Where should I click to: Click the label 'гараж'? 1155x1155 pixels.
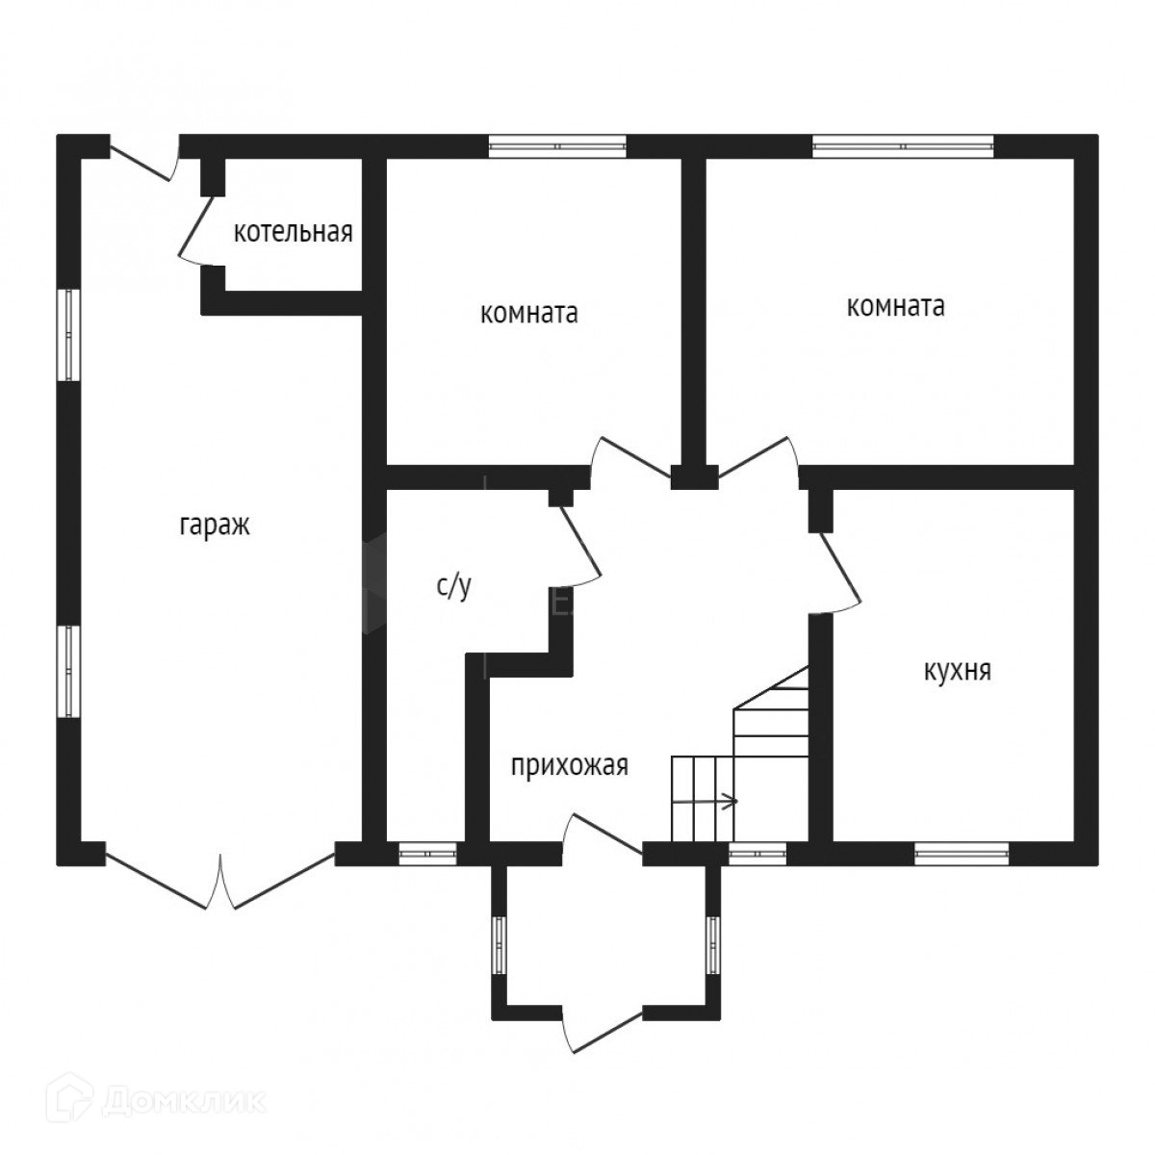(x=214, y=526)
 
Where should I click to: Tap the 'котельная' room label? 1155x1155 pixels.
(x=294, y=232)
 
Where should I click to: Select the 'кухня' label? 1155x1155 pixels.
(x=957, y=671)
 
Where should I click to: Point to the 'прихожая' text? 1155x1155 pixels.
(x=569, y=766)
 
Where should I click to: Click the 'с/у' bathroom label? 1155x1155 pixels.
(x=454, y=586)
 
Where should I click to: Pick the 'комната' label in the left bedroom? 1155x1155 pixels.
(x=528, y=314)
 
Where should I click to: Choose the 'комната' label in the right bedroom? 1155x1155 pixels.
(x=895, y=306)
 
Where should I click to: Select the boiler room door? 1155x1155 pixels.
(x=198, y=228)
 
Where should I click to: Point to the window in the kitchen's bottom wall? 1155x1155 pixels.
(x=962, y=852)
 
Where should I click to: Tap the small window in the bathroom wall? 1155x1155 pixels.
(x=427, y=852)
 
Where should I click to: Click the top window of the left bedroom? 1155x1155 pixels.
(x=557, y=146)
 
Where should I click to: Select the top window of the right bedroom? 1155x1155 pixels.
(x=902, y=146)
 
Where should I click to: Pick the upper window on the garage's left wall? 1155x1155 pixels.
(x=68, y=334)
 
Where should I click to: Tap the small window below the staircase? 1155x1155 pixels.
(x=757, y=852)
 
